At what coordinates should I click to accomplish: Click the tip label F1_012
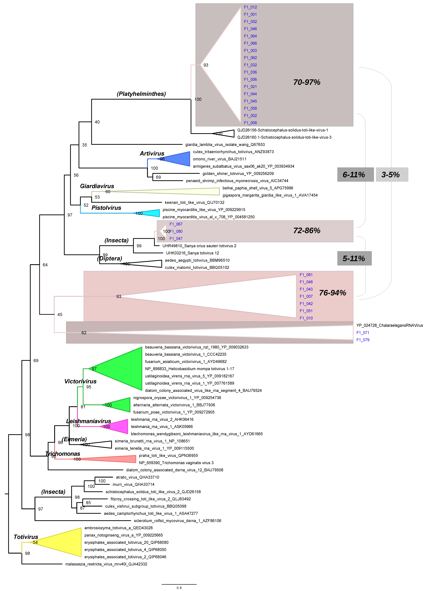[250, 7]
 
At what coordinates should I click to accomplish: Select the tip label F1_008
[250, 123]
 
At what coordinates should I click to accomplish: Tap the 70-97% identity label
[307, 82]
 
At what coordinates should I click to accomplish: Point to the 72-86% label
[307, 231]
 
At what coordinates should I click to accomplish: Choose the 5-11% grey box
[354, 258]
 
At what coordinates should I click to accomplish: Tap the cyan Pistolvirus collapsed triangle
[151, 213]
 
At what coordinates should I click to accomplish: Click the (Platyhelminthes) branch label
[141, 94]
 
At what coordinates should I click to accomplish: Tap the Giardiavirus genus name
[97, 186]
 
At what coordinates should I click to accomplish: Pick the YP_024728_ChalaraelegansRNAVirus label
[389, 326]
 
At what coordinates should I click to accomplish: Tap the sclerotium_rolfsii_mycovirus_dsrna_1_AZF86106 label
[177, 521]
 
